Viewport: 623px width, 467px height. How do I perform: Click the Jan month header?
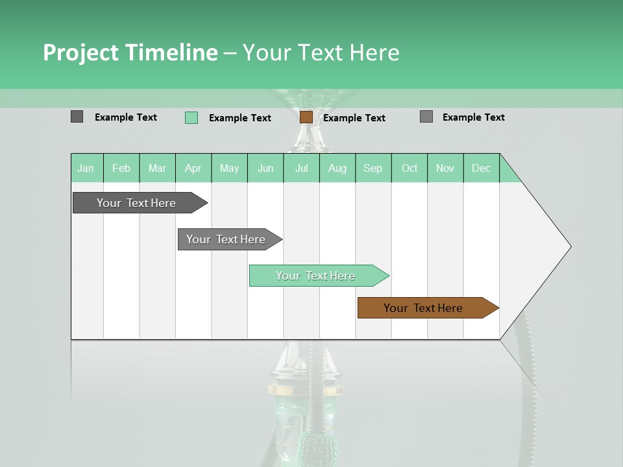(x=86, y=168)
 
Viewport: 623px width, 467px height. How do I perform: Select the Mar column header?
(x=157, y=168)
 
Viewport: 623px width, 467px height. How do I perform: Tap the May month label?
(x=229, y=168)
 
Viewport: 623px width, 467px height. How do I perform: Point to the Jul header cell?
(x=302, y=168)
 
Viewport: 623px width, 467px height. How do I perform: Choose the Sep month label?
(x=373, y=168)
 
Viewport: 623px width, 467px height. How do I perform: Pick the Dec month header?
(x=481, y=168)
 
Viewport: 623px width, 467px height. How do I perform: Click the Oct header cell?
(x=409, y=168)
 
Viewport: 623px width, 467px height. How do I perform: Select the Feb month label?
(x=121, y=168)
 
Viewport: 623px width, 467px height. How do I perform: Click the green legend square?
(x=191, y=117)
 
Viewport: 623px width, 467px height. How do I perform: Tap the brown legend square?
(x=306, y=117)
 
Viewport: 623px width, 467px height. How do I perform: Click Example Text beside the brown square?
(x=354, y=118)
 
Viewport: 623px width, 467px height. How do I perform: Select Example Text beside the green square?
(x=239, y=118)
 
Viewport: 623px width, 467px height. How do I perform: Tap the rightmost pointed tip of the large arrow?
(x=570, y=246)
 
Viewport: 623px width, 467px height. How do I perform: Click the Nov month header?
(x=445, y=168)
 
